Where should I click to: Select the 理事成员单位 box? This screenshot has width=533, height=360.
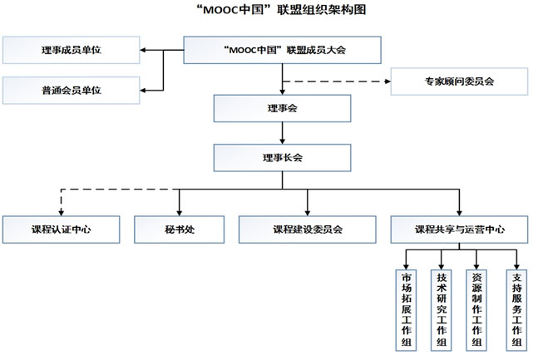[x=71, y=51]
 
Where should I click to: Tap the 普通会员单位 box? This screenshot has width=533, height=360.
[x=71, y=88]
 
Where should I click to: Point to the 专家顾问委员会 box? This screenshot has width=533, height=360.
[x=459, y=81]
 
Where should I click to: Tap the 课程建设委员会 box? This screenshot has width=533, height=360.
[x=308, y=229]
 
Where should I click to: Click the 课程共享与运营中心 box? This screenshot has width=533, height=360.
[x=459, y=229]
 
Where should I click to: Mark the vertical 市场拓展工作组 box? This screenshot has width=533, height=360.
[x=406, y=308]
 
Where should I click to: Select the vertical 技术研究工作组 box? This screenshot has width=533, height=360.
[x=441, y=308]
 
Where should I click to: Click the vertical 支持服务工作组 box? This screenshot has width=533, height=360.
[x=516, y=308]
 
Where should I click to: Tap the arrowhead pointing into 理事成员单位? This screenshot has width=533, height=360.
[x=144, y=51]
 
